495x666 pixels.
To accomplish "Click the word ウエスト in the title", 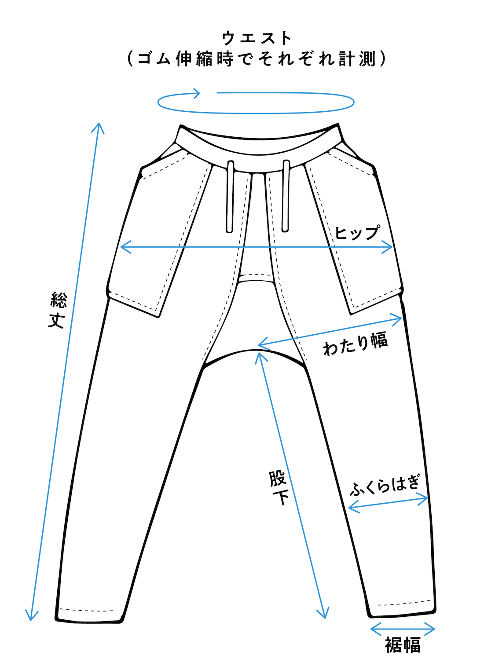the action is (257, 38).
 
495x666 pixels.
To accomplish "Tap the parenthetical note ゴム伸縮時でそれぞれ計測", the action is (257, 59).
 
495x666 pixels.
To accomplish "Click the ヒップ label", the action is (357, 232).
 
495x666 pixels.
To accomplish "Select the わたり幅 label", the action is (356, 344).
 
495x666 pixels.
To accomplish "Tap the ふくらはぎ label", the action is (385, 485).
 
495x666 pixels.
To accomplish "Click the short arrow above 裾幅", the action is (403, 629).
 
